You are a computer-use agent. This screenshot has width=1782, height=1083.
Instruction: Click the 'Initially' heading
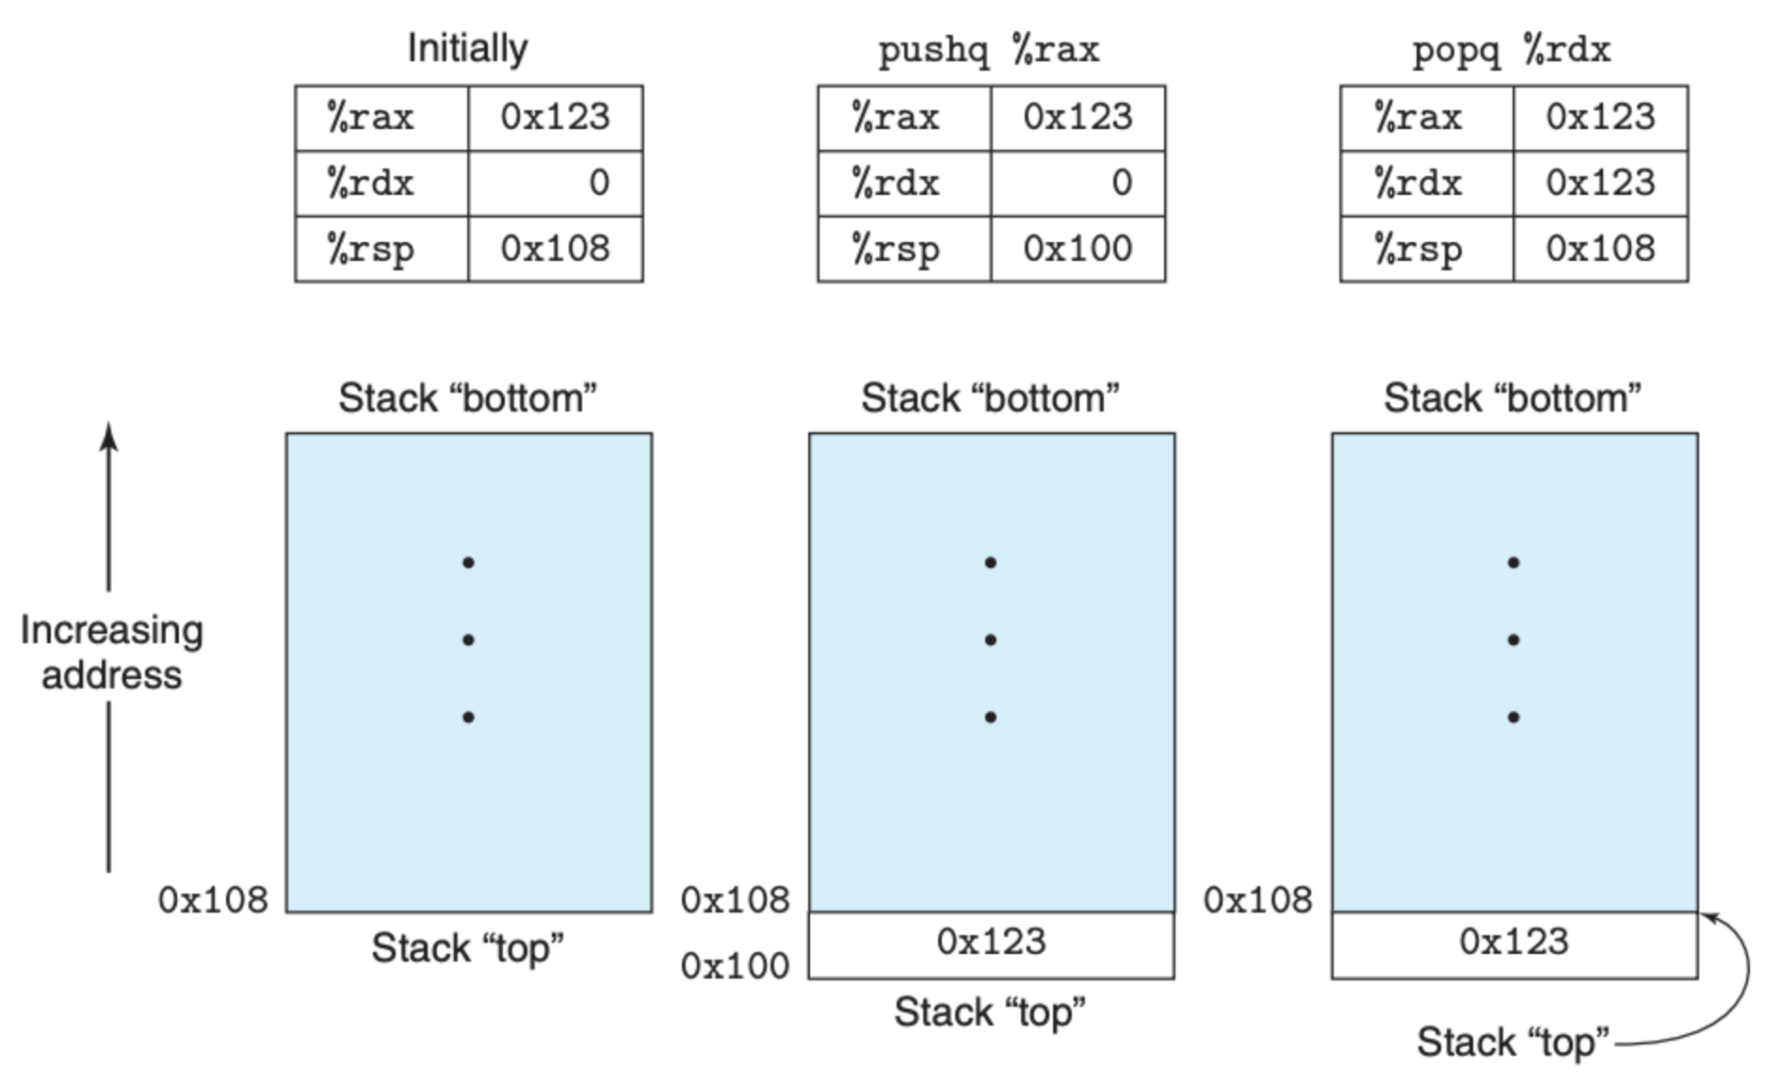(x=467, y=48)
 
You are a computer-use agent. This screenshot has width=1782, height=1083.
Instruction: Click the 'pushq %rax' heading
(x=989, y=49)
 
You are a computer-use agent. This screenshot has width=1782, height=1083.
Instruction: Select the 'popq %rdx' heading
(x=1512, y=49)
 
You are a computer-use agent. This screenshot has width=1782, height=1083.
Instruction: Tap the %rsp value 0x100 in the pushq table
(x=1077, y=249)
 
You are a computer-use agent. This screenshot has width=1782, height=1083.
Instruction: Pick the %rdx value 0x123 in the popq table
(x=1600, y=183)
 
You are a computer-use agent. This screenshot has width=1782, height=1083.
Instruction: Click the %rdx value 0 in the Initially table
(x=599, y=183)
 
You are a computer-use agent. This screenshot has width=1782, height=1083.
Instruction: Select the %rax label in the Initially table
(x=370, y=117)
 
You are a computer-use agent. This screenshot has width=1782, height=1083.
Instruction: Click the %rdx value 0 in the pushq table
(x=1121, y=183)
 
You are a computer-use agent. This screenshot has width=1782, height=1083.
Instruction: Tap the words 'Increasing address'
(x=111, y=653)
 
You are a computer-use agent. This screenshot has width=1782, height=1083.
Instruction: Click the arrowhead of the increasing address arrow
(x=109, y=436)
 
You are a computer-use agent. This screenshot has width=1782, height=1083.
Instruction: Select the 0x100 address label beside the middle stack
(x=735, y=966)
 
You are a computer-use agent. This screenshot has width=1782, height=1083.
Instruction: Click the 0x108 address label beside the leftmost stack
(x=213, y=900)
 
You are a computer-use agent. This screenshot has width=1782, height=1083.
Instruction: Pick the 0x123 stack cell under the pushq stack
(x=992, y=946)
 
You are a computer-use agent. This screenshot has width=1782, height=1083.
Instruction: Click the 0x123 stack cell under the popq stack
(x=1515, y=946)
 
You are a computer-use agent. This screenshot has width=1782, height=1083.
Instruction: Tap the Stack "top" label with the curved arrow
(x=1513, y=1043)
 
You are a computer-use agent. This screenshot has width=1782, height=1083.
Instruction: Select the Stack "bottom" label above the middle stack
(x=990, y=398)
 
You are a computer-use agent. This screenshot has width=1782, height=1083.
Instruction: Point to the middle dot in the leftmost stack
(x=468, y=640)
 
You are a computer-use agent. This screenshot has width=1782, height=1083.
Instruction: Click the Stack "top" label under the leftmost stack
(x=467, y=948)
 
